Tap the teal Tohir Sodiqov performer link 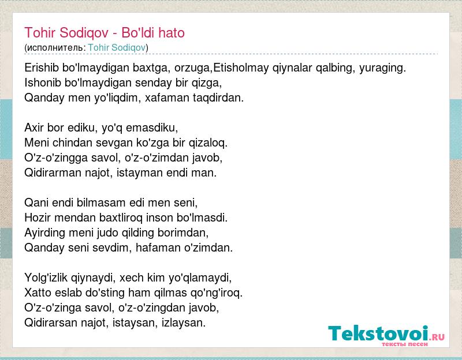click(x=117, y=47)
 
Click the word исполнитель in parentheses click(x=54, y=48)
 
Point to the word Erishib click(x=42, y=67)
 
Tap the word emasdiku click(x=151, y=127)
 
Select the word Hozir click(x=38, y=218)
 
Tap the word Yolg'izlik click(x=46, y=278)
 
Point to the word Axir click(x=34, y=127)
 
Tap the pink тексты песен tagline click(x=405, y=344)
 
